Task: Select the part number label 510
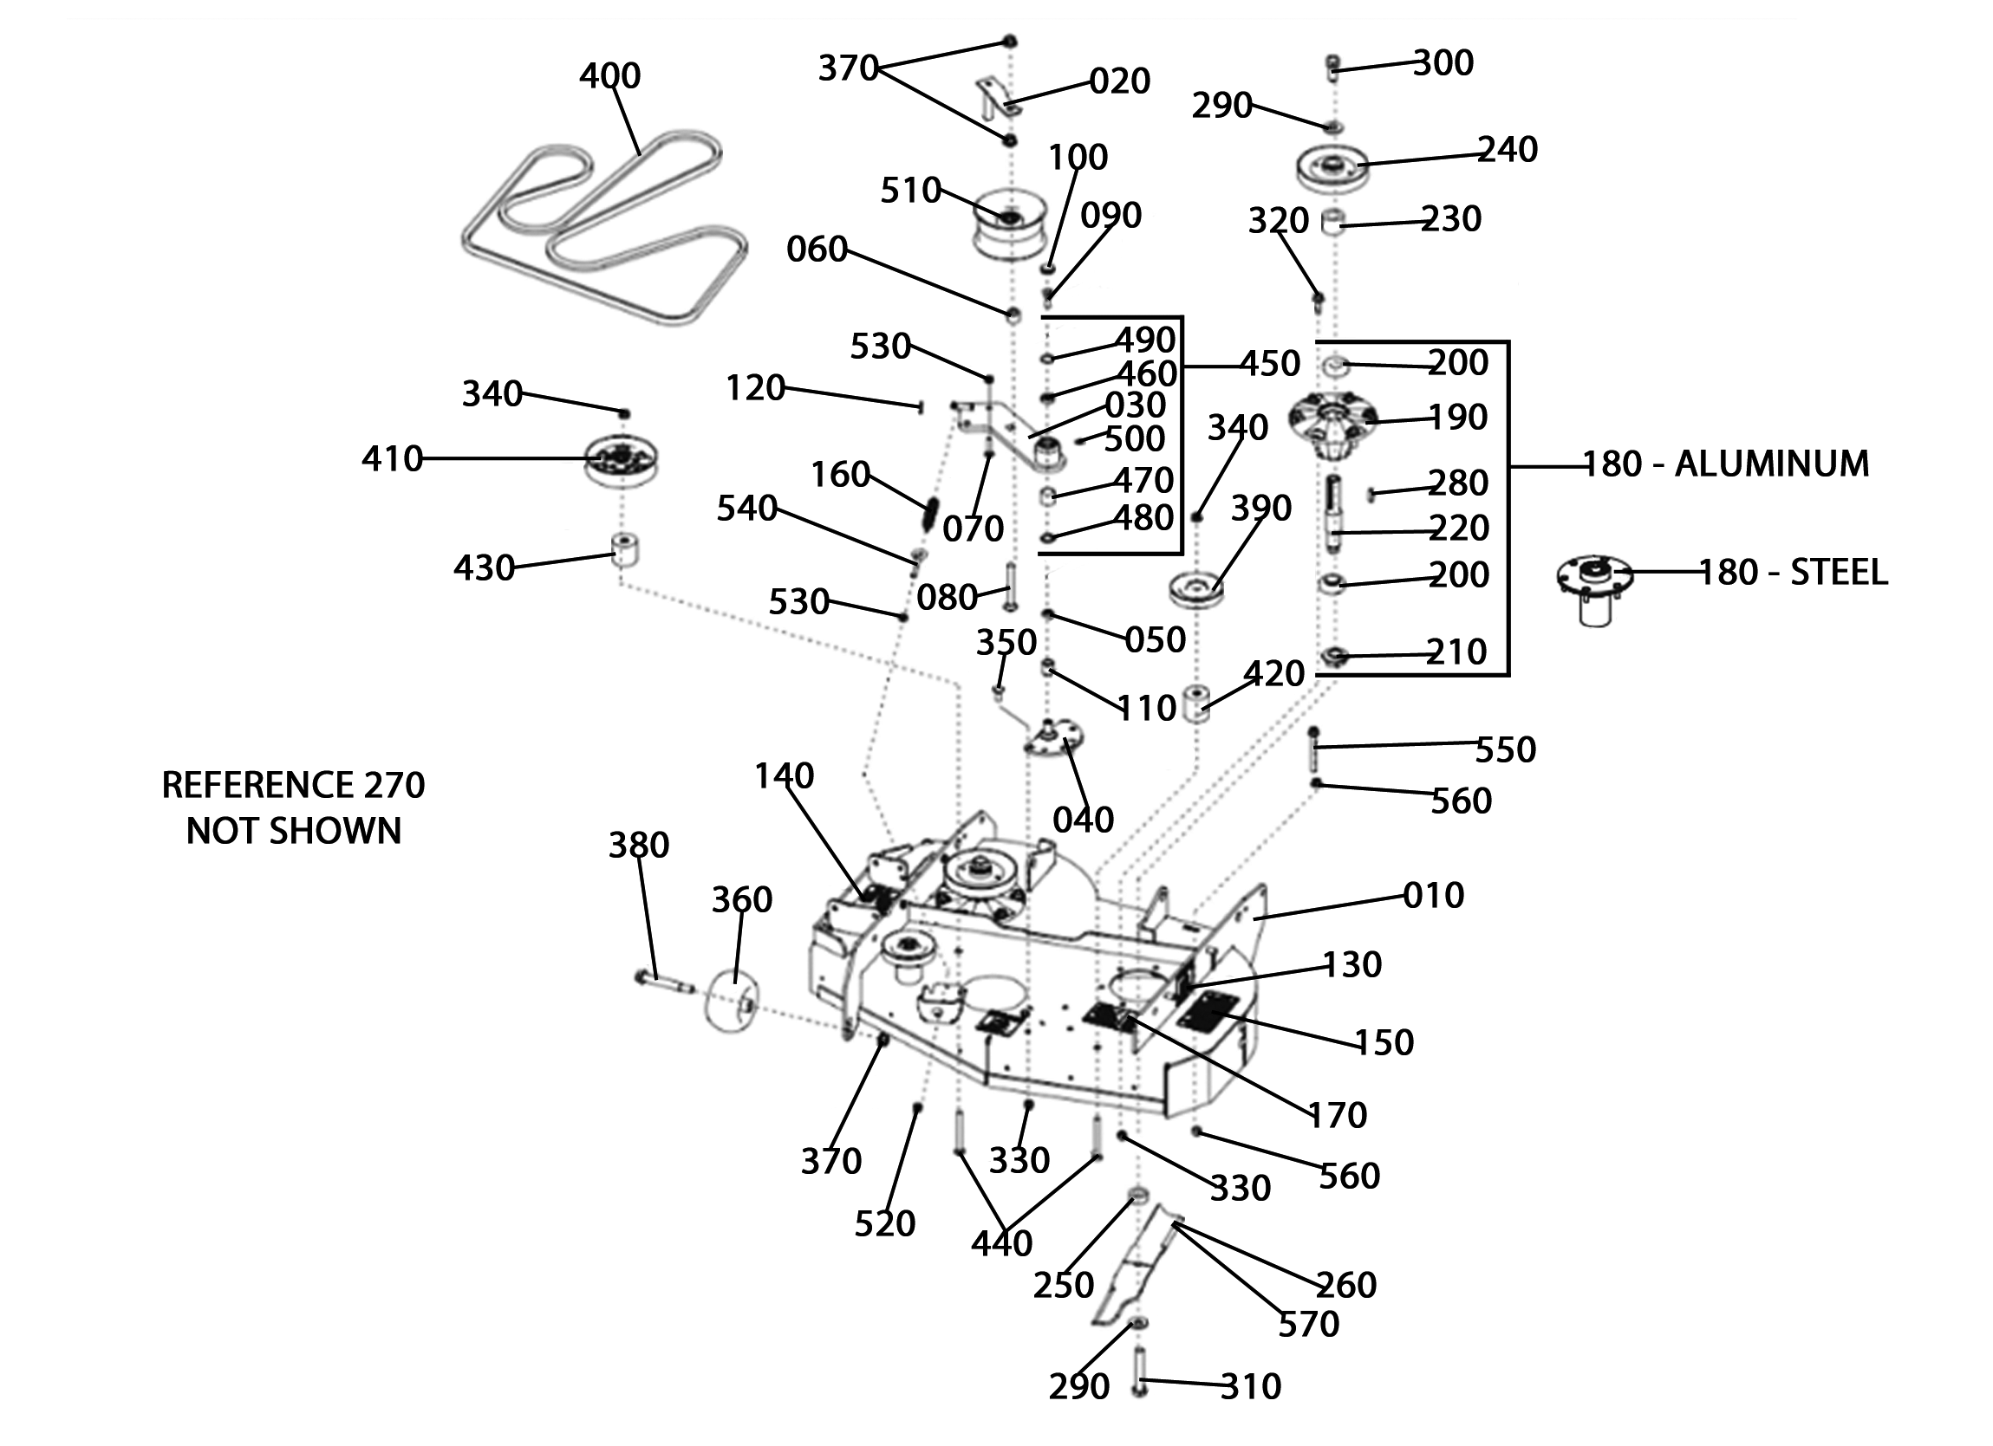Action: (910, 191)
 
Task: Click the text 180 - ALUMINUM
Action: (1726, 463)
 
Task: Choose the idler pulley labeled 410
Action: (622, 459)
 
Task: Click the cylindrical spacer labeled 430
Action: (624, 550)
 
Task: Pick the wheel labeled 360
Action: (731, 1002)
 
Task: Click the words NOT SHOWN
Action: (294, 830)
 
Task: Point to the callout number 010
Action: (1433, 895)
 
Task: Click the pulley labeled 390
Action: (1196, 587)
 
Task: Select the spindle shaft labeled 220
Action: (1334, 513)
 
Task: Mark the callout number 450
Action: (1270, 363)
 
